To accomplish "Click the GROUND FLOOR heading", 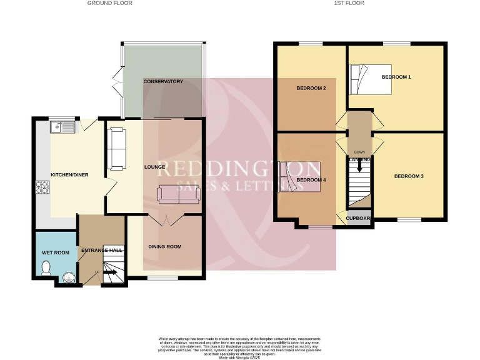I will pyautogui.click(x=109, y=3).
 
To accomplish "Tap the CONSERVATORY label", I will pyautogui.click(x=162, y=82).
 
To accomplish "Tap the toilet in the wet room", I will pyautogui.click(x=45, y=268).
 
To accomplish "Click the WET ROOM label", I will pyautogui.click(x=54, y=252).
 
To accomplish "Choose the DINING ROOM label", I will pyautogui.click(x=165, y=247).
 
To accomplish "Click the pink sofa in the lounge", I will pyautogui.click(x=179, y=194).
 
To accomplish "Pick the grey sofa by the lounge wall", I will pyautogui.click(x=117, y=149).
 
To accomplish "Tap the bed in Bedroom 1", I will pyautogui.click(x=370, y=79).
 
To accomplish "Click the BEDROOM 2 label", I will pyautogui.click(x=311, y=88).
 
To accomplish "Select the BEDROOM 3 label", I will pyautogui.click(x=409, y=176).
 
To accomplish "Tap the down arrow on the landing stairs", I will pyautogui.click(x=359, y=167).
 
